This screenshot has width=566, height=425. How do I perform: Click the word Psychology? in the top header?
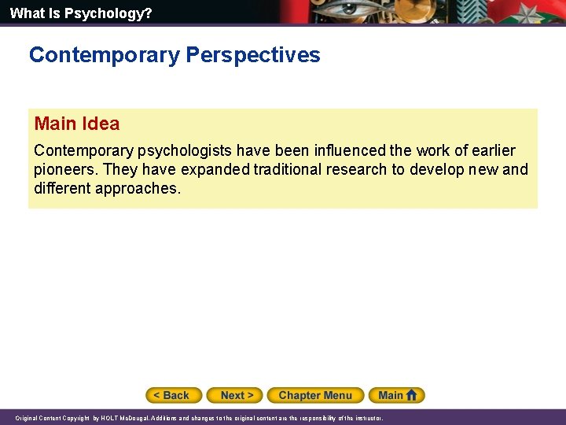[x=116, y=13]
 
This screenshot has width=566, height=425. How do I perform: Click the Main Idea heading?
[x=77, y=124]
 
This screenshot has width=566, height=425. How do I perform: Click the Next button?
[x=237, y=395]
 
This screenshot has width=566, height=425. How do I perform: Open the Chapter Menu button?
[x=315, y=395]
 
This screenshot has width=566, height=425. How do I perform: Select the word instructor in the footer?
[x=366, y=418]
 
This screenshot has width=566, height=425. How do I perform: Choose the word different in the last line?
[x=62, y=188]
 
